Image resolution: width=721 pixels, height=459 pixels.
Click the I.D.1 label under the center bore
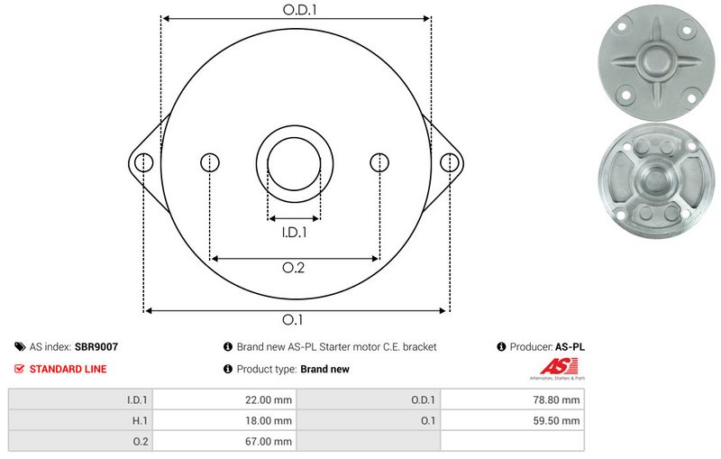(294, 232)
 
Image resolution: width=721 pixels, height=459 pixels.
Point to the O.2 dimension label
(294, 268)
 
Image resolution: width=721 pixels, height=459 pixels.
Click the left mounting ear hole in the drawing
(143, 162)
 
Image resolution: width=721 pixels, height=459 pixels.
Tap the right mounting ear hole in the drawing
(448, 162)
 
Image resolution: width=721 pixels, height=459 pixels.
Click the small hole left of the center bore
(210, 162)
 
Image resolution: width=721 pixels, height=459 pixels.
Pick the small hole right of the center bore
(381, 162)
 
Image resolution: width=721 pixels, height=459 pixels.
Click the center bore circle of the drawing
(295, 163)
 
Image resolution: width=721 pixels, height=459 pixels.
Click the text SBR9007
(97, 346)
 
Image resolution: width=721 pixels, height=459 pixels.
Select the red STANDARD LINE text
(68, 369)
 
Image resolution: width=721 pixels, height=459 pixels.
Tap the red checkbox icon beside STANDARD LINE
(20, 369)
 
